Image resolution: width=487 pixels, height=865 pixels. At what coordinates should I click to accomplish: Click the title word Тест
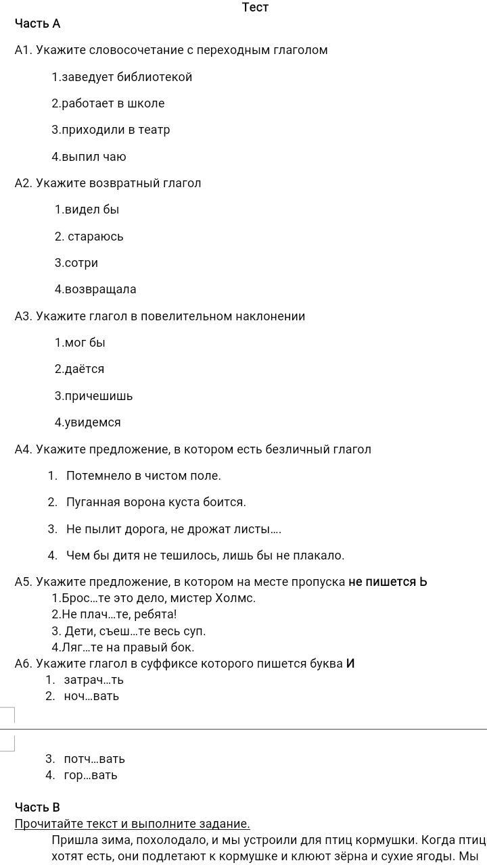click(255, 7)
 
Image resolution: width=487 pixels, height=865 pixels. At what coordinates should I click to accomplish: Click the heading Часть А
click(38, 24)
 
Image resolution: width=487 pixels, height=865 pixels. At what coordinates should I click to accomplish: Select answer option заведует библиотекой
click(122, 77)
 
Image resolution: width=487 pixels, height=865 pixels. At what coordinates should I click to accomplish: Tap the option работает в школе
click(108, 103)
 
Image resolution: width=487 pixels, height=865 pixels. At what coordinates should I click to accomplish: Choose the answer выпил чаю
click(89, 157)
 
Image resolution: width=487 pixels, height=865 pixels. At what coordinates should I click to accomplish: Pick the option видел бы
click(87, 209)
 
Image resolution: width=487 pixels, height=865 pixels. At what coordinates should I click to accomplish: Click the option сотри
click(76, 263)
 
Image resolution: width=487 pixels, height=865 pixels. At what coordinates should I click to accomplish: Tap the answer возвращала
click(95, 289)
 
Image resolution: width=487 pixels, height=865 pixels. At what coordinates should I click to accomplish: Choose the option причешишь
click(93, 396)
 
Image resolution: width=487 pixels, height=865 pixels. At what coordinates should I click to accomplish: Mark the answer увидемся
click(88, 422)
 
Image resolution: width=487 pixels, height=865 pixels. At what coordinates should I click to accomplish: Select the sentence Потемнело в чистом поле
click(143, 476)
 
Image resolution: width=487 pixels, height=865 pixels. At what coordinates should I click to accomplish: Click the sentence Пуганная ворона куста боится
click(156, 502)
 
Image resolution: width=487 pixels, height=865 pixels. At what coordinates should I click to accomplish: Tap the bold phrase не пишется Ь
click(388, 582)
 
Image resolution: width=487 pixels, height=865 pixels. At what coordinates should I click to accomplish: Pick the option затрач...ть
click(93, 680)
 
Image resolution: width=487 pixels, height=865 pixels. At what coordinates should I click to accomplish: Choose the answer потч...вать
click(94, 759)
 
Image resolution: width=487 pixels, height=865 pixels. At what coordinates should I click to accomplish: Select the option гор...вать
click(90, 775)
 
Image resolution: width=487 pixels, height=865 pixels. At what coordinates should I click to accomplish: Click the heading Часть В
click(38, 808)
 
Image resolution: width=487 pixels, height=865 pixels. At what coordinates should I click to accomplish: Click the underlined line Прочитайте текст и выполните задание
click(133, 824)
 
